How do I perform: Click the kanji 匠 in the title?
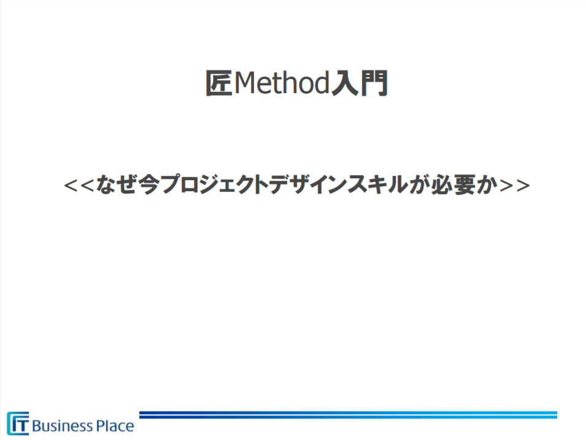tap(218, 83)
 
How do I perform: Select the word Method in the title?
tap(282, 83)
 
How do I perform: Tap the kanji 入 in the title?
tap(344, 83)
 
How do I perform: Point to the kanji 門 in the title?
tap(374, 83)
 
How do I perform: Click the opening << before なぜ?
tap(79, 185)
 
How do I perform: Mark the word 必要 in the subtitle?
tap(453, 184)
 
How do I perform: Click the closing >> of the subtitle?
tap(515, 185)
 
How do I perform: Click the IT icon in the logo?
tap(18, 423)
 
